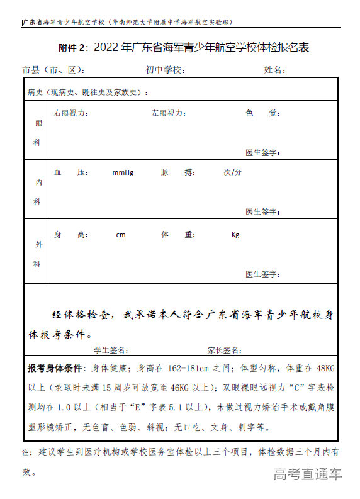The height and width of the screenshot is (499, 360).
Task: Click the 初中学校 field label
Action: (164, 69)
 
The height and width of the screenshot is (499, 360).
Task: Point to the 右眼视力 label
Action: (70, 113)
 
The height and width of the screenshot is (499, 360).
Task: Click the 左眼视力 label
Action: (168, 113)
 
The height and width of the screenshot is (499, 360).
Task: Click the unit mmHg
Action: (123, 172)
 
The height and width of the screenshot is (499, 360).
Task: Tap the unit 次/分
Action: (232, 172)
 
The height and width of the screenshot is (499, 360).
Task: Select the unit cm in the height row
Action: (121, 235)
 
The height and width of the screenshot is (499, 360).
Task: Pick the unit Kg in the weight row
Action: (235, 235)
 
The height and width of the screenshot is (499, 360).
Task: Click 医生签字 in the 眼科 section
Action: (262, 153)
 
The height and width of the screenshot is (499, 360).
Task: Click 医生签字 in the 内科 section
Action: (262, 211)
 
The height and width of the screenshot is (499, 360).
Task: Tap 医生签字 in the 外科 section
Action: (262, 274)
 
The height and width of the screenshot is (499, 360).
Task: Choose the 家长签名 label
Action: (225, 350)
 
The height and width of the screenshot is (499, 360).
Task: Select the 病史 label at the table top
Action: (35, 93)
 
